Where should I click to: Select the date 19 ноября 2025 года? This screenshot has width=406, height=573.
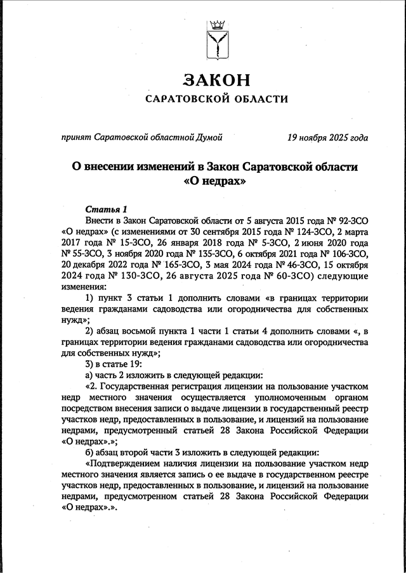coord(327,136)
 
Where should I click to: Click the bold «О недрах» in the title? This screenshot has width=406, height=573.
coord(215,180)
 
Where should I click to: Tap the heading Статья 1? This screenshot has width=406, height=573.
coord(106,209)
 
